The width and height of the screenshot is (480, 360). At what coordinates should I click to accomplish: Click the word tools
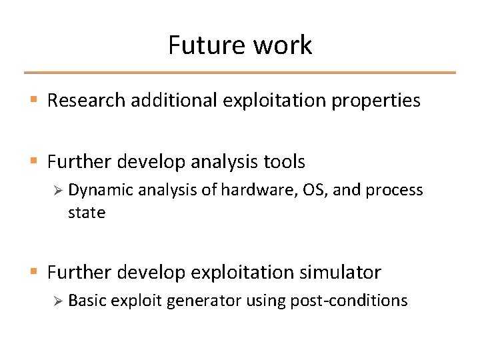click(283, 161)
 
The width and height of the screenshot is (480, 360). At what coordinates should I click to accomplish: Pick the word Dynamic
click(99, 190)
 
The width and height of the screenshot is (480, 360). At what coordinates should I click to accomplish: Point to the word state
click(87, 213)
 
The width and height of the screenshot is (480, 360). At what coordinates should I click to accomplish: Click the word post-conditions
click(349, 301)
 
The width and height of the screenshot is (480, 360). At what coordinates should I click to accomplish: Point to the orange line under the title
click(240, 72)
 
